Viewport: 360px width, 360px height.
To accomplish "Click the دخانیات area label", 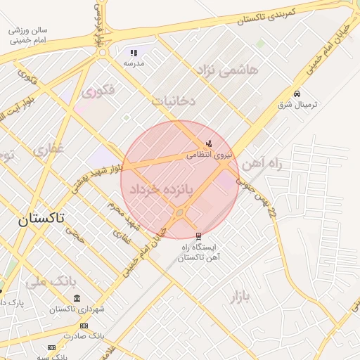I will (174, 101).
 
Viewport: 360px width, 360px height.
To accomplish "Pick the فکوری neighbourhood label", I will (98, 91).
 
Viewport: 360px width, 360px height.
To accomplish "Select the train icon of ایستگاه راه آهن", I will (198, 236).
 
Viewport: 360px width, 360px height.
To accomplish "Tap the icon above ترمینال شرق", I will (297, 94).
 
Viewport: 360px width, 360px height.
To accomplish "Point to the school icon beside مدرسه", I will (134, 53).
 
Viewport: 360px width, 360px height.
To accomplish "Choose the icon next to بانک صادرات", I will (84, 326).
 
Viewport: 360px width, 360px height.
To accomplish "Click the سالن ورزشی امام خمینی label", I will (28, 36).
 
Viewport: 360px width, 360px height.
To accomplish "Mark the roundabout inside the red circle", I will (180, 212).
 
